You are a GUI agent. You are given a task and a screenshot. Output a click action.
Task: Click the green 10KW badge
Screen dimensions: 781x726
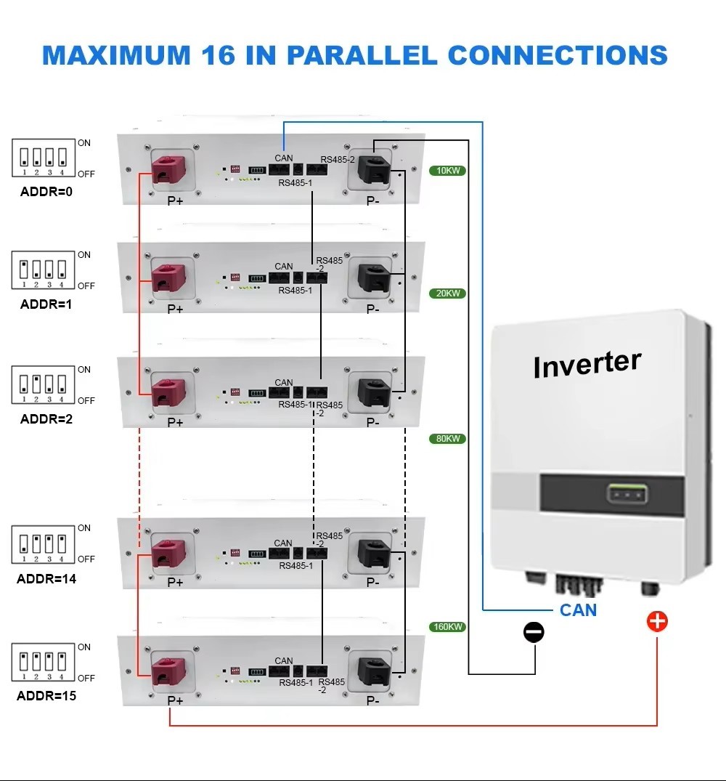point(446,171)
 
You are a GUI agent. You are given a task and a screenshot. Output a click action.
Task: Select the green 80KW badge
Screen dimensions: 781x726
point(446,439)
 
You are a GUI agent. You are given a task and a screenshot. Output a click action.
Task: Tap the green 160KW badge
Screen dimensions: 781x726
point(446,626)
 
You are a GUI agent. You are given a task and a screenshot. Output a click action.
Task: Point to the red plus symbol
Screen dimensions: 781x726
point(657,622)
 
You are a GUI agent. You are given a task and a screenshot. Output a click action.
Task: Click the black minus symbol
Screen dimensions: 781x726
point(534,632)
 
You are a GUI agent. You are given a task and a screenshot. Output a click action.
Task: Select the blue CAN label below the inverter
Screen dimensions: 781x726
point(578,610)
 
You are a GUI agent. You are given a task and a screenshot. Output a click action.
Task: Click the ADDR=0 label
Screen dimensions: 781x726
point(46,192)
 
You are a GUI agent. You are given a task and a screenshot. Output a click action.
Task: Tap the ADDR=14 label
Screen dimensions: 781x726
point(46,579)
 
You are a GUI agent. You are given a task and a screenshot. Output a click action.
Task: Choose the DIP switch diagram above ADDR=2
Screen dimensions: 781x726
point(44,385)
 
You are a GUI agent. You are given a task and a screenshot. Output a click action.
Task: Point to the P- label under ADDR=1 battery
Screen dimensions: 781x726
point(372,309)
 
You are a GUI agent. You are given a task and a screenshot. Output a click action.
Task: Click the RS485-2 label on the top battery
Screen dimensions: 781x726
point(338,159)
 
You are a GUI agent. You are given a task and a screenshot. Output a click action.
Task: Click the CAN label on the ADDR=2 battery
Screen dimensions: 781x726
point(284,382)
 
